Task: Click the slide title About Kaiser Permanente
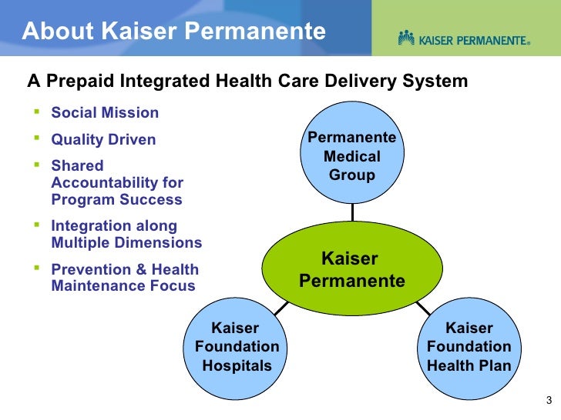(x=173, y=32)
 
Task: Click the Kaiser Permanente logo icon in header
(x=407, y=38)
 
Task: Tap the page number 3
(x=548, y=399)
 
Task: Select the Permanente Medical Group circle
(x=352, y=155)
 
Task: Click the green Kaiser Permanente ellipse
(x=351, y=268)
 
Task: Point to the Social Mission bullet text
(x=105, y=113)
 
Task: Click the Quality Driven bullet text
(x=103, y=140)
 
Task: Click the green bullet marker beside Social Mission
(x=36, y=112)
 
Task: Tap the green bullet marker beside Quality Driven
(x=36, y=138)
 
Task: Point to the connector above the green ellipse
(x=352, y=213)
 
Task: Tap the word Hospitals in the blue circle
(x=237, y=365)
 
